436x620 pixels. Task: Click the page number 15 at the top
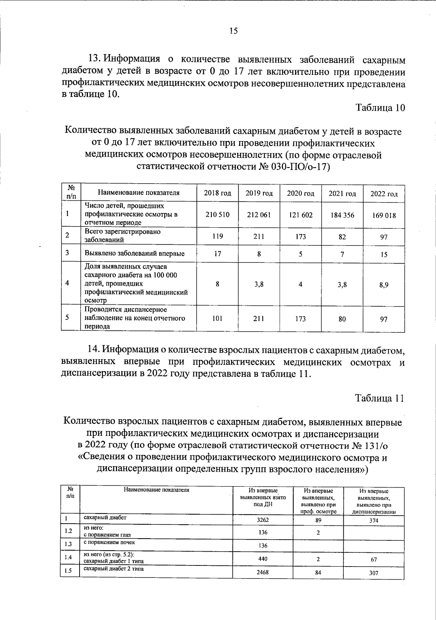pos(234,31)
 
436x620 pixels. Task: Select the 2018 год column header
pos(217,193)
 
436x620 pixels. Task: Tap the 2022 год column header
pos(384,194)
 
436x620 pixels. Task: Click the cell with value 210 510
pos(217,215)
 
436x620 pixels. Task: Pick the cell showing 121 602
pos(300,215)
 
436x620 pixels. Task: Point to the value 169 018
pos(384,215)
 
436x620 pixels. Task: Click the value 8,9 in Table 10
pos(384,285)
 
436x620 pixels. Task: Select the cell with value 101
pos(217,318)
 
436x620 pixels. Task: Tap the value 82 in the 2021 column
pos(342,237)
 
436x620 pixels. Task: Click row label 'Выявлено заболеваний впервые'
pos(134,253)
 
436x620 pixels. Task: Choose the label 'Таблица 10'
pos(380,108)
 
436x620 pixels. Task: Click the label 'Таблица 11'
pos(380,398)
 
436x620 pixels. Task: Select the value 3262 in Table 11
pos(263,520)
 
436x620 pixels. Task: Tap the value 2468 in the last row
pos(263,572)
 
